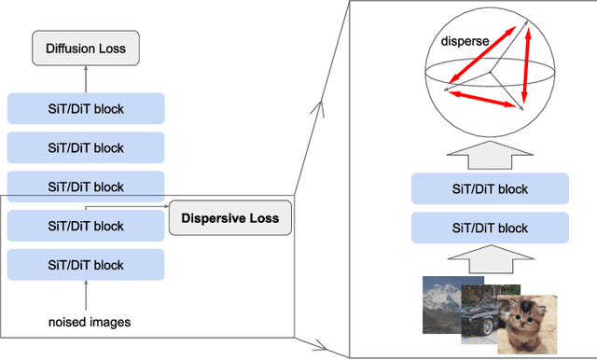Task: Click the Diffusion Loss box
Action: click(86, 48)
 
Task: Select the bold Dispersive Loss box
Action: click(229, 219)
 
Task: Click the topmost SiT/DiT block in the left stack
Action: click(86, 108)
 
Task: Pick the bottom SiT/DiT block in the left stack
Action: click(86, 265)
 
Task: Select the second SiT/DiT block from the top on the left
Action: click(86, 147)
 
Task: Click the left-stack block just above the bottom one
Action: click(86, 226)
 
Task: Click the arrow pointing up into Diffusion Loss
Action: click(86, 78)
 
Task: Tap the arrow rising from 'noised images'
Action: click(86, 297)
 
